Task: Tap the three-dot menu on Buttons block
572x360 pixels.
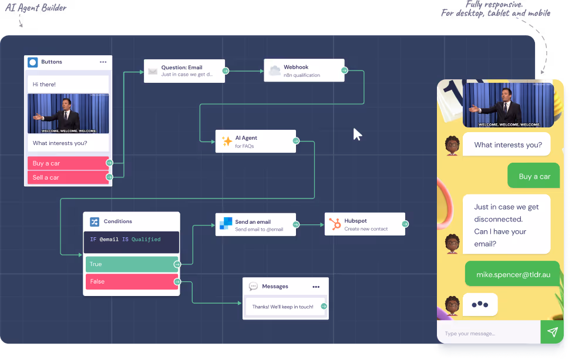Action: [x=103, y=62]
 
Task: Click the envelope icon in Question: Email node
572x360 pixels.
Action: [x=153, y=71]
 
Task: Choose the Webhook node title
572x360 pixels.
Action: [x=296, y=68]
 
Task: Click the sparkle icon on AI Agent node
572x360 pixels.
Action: [x=226, y=142]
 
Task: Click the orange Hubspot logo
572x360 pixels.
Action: [x=335, y=224]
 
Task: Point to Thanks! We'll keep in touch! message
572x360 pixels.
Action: [x=282, y=307]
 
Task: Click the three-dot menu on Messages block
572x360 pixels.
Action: [x=316, y=287]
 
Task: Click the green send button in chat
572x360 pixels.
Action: [x=552, y=332]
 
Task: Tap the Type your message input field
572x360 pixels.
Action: [x=487, y=334]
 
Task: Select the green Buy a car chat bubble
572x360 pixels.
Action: [x=534, y=176]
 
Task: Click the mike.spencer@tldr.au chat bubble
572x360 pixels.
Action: [x=512, y=274]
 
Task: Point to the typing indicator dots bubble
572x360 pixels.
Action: [x=480, y=304]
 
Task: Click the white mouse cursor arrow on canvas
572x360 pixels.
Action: [x=356, y=134]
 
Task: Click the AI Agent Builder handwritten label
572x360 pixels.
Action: [x=36, y=8]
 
